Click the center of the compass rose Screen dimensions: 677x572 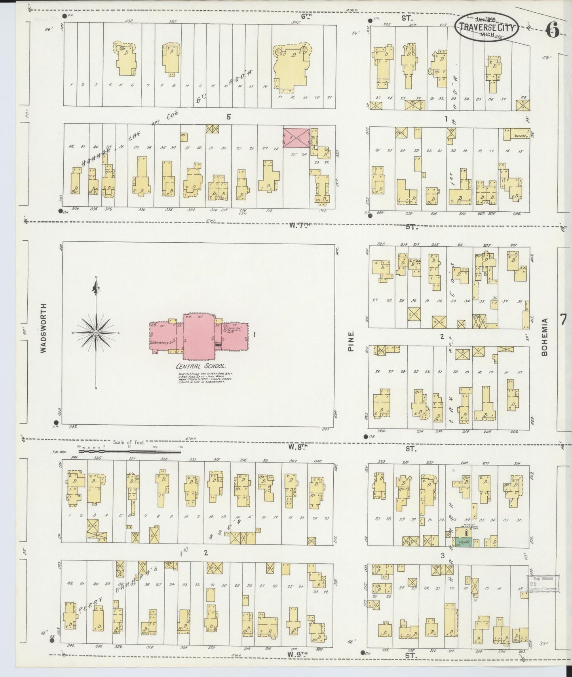95,333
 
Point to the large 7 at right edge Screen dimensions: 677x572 564,319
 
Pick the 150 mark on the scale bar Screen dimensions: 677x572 180,447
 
